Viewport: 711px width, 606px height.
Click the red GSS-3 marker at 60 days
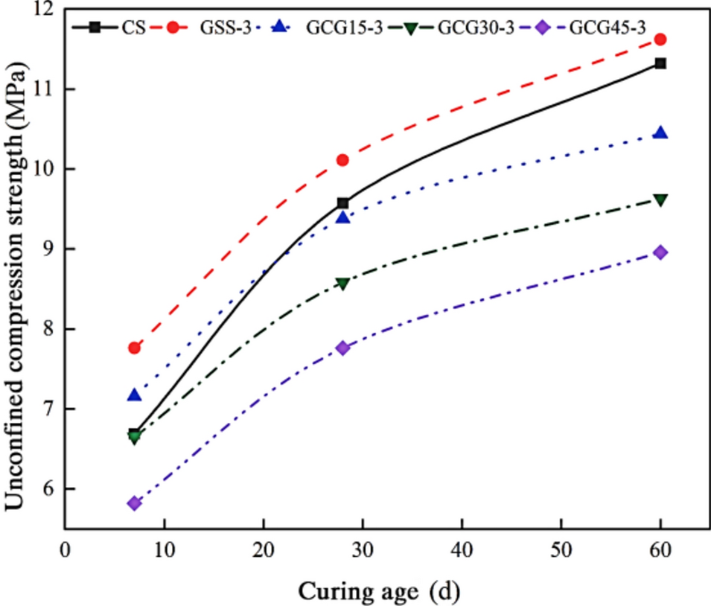[x=660, y=39]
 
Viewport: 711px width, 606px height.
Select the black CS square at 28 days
[x=343, y=203]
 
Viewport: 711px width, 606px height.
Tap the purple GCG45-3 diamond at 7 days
[x=135, y=503]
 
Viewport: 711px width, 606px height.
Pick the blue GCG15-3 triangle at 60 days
[x=660, y=133]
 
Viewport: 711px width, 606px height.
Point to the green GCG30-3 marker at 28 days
[x=343, y=284]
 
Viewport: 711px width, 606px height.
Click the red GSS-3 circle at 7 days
[x=135, y=348]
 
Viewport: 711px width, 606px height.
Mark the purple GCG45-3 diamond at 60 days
[x=660, y=252]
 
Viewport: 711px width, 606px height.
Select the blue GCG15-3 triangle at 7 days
[x=135, y=395]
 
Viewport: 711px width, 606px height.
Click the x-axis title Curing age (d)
[x=379, y=591]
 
